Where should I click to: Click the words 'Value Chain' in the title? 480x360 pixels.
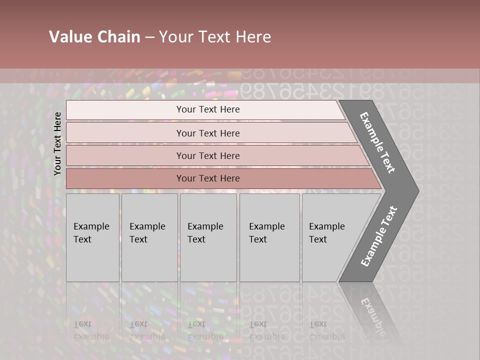point(94,37)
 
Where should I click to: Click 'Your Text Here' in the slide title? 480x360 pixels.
point(215,37)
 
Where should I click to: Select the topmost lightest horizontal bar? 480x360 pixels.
point(125,110)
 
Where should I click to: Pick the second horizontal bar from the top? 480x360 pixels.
point(125,133)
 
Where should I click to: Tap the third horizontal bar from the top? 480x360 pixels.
point(125,155)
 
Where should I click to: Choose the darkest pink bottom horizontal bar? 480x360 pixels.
point(125,178)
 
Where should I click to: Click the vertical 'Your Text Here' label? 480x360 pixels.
point(57,143)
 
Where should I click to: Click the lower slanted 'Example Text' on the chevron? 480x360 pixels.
point(379,236)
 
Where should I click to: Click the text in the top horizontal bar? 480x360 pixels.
point(208,109)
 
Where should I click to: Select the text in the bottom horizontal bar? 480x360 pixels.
point(208,178)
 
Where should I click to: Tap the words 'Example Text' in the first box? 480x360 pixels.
point(91,233)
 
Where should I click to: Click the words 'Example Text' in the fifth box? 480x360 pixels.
point(326,233)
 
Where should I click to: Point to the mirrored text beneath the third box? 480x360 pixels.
point(205,330)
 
